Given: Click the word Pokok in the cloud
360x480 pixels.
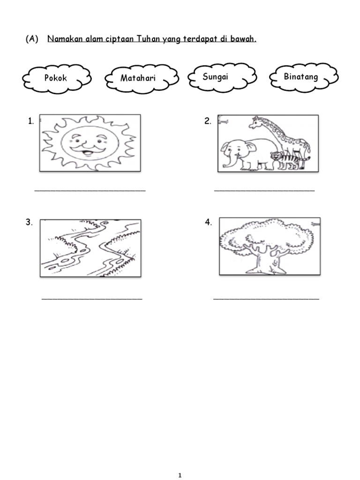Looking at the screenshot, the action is coord(55,78).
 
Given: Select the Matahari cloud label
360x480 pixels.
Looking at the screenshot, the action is coord(138,78).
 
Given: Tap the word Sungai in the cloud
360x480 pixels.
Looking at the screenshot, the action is coord(215,76).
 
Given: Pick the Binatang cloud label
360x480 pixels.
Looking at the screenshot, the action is coord(300,76).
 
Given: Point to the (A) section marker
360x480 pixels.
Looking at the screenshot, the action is coord(32,39).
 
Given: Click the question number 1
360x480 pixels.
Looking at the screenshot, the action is coord(30,121).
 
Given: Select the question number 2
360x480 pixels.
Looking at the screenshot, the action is coord(208,121).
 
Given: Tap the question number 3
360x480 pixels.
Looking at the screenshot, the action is coord(29,222).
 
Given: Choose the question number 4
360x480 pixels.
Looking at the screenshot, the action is coord(208,222).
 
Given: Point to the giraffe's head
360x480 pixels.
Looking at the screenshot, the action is coord(255,122).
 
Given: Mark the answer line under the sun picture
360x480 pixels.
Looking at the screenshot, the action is coord(90,190).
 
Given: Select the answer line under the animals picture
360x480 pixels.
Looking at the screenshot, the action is coord(264,190).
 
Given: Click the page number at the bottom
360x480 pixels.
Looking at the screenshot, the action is coord(180,475).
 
